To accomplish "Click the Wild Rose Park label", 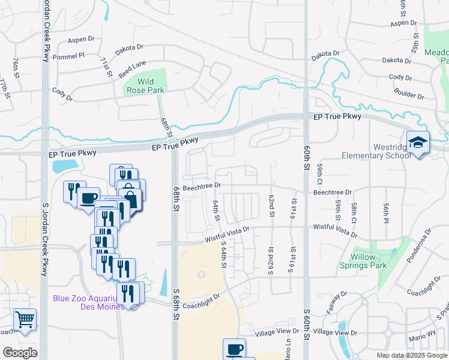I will (145, 86).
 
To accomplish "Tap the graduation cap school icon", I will (418, 143).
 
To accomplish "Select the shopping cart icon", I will (25, 320).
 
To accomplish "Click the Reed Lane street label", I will (132, 69).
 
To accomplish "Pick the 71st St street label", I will (107, 67).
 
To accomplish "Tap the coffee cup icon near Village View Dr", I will (234, 348).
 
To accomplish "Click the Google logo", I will (20, 353).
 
